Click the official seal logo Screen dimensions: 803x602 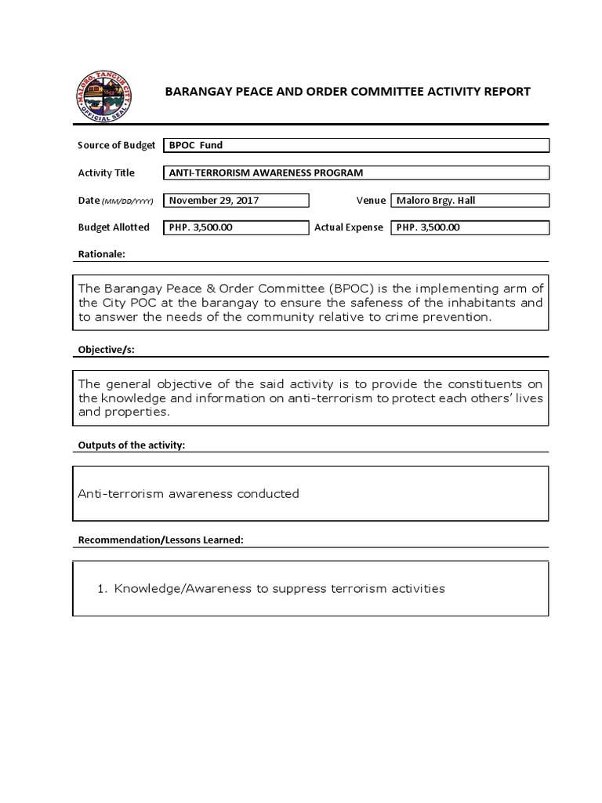(103, 95)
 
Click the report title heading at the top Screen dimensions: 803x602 (347, 92)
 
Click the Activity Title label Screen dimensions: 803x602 (106, 173)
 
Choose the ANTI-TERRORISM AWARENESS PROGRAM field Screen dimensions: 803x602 (267, 173)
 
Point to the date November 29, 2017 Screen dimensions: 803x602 (214, 200)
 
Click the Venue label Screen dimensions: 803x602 (371, 200)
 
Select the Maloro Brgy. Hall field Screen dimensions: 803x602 (436, 200)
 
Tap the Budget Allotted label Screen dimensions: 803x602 (114, 227)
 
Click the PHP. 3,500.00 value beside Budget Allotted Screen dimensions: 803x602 (201, 227)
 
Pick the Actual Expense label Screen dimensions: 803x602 (349, 227)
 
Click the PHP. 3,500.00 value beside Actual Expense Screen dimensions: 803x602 (428, 227)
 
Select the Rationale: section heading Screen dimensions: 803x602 (101, 254)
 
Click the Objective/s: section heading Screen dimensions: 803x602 (106, 350)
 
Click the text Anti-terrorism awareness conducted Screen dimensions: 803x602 (188, 493)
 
